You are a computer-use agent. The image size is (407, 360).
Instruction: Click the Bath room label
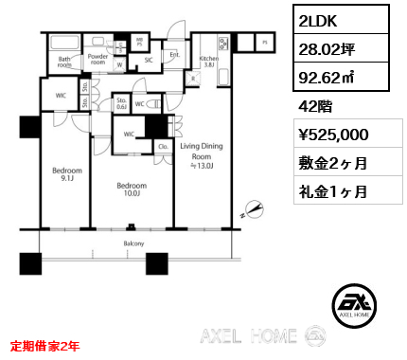65,63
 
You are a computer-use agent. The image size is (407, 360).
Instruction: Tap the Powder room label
97,59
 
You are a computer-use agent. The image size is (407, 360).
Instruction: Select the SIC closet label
148,61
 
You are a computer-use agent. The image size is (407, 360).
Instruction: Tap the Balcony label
132,243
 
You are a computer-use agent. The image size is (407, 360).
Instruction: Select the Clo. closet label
162,147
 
